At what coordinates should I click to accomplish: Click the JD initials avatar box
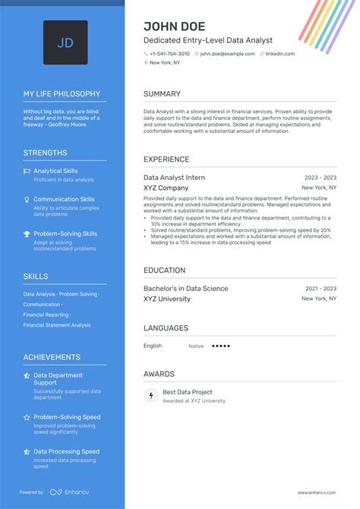(65, 43)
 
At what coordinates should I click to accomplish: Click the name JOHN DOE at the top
(174, 27)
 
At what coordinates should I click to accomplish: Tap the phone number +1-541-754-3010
(169, 54)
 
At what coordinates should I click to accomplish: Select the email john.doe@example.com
(228, 54)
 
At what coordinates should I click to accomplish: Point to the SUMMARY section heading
(162, 94)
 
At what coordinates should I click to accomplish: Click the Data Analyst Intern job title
(174, 177)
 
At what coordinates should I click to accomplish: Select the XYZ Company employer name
(166, 188)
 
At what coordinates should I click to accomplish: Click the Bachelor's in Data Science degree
(185, 289)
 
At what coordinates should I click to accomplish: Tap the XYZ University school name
(167, 299)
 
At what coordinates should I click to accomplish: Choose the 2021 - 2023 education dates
(320, 289)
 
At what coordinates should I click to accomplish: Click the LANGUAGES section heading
(166, 328)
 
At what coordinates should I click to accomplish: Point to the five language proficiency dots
(220, 346)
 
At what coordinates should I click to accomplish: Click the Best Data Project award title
(187, 392)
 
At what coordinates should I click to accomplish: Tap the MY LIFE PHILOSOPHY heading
(62, 94)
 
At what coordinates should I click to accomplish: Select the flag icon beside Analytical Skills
(27, 171)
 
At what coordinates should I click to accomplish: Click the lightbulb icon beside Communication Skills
(27, 200)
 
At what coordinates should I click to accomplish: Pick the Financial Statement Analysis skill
(57, 325)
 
